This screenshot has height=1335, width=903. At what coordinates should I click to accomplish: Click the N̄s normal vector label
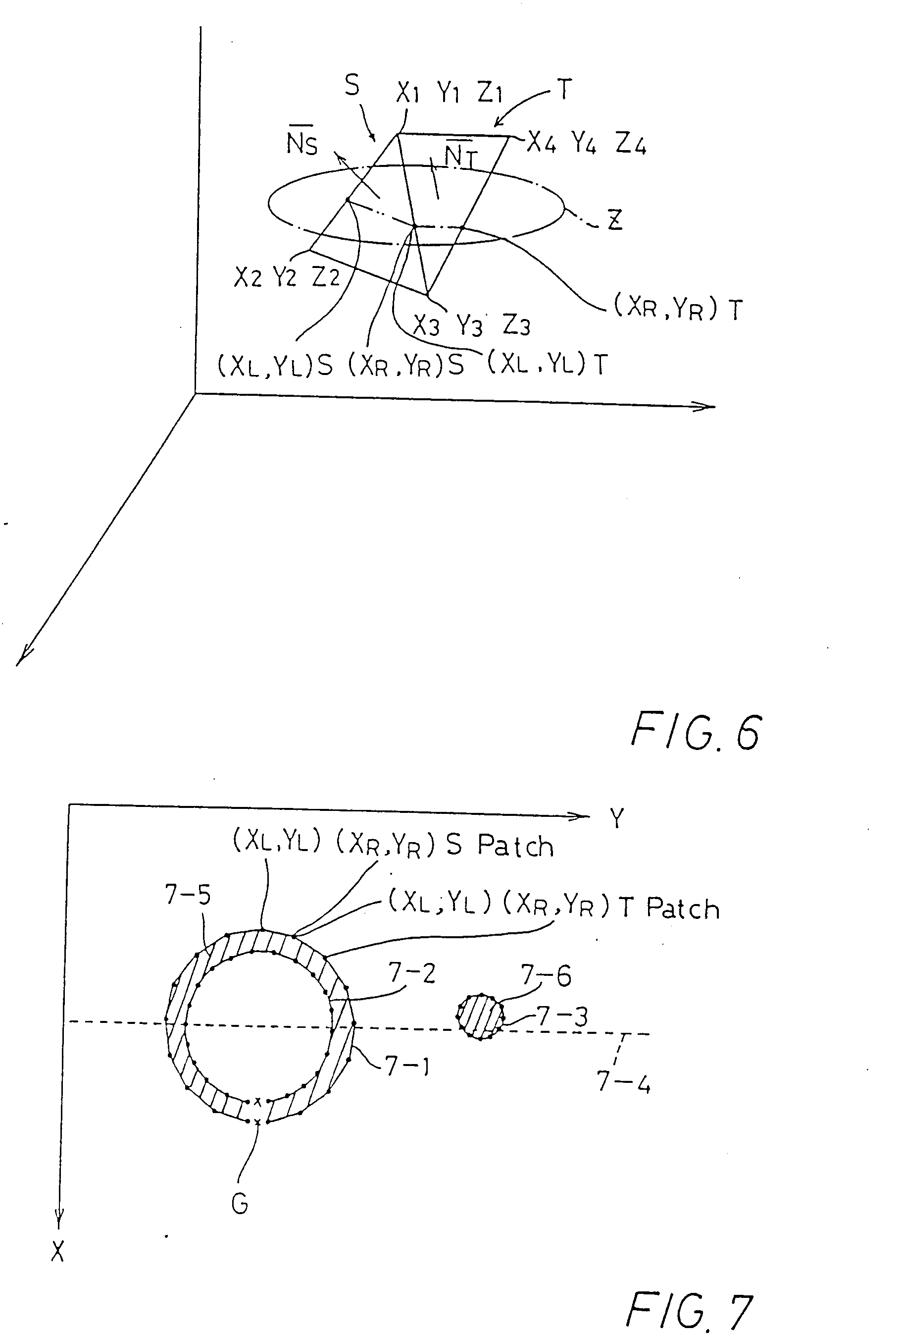point(302,141)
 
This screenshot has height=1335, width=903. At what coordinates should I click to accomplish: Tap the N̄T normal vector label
point(460,154)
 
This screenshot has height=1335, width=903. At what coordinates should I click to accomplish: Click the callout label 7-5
point(188,895)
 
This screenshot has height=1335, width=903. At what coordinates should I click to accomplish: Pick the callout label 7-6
point(546,975)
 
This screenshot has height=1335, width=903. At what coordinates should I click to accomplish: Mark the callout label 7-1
point(407,1067)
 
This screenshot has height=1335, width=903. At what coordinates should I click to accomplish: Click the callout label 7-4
point(623,1083)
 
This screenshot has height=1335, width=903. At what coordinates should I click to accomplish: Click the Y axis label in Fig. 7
point(616,818)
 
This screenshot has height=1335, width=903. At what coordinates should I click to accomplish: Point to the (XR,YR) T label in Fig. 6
point(678,309)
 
